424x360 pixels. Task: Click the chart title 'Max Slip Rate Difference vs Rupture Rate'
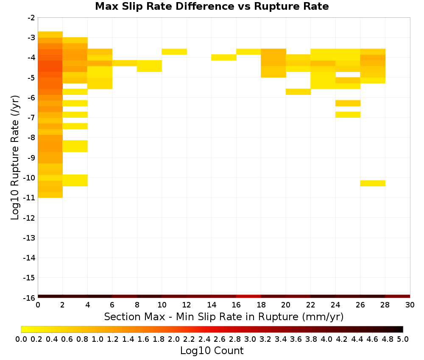tap(212, 6)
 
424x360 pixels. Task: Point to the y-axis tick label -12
tap(29, 218)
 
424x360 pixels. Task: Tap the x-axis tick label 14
tap(212, 305)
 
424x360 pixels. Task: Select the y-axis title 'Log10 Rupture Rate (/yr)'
tap(15, 158)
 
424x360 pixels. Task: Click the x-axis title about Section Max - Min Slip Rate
tap(224, 316)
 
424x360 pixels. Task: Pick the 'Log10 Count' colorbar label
tap(212, 351)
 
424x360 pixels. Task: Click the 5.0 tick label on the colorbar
tap(403, 339)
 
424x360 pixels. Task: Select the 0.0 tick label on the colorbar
tap(21, 339)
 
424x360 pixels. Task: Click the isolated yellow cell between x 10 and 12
tap(174, 52)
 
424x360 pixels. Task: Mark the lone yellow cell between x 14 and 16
tap(224, 57)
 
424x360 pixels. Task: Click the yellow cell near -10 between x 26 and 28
tap(373, 183)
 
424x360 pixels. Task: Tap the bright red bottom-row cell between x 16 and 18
tap(248, 296)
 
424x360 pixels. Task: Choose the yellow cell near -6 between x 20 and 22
tap(298, 92)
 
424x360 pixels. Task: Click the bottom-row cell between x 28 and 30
tap(398, 296)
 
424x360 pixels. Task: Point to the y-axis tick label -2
tap(31, 18)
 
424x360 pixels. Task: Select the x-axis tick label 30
tap(410, 305)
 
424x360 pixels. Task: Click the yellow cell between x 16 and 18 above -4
tap(248, 52)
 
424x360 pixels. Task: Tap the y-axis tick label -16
tap(29, 298)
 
